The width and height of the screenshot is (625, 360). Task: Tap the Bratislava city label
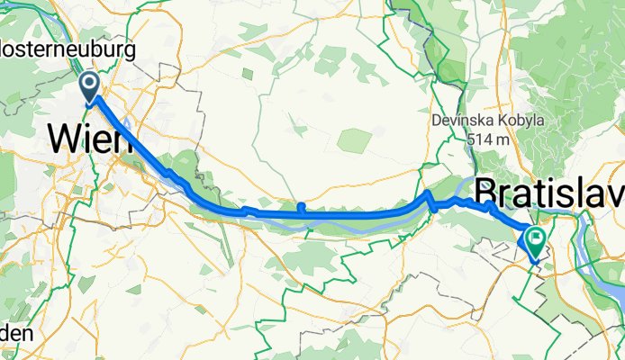pos(549,192)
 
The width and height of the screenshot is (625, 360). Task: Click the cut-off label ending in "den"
pos(18,333)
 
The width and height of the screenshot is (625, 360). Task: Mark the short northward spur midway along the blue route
pos(300,209)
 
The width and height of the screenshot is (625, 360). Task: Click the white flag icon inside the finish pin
pos(536,238)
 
